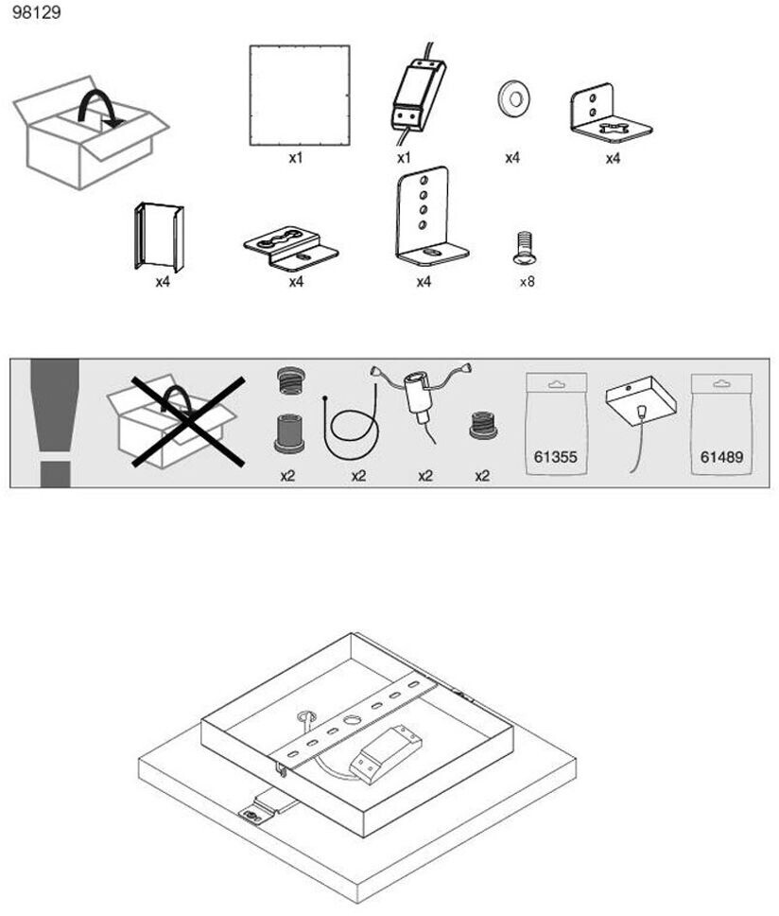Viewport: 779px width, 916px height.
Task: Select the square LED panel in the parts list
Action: (x=299, y=95)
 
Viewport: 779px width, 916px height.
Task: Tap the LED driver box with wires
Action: (x=417, y=95)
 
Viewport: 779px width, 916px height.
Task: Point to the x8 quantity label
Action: (x=527, y=281)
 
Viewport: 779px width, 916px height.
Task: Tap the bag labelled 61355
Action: (x=556, y=423)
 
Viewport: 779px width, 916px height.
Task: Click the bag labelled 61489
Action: (x=721, y=423)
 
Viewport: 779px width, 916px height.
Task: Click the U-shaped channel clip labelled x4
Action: (x=160, y=237)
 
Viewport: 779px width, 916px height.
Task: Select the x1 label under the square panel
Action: (x=296, y=158)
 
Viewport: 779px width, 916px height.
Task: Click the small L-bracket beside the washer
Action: (x=609, y=114)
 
